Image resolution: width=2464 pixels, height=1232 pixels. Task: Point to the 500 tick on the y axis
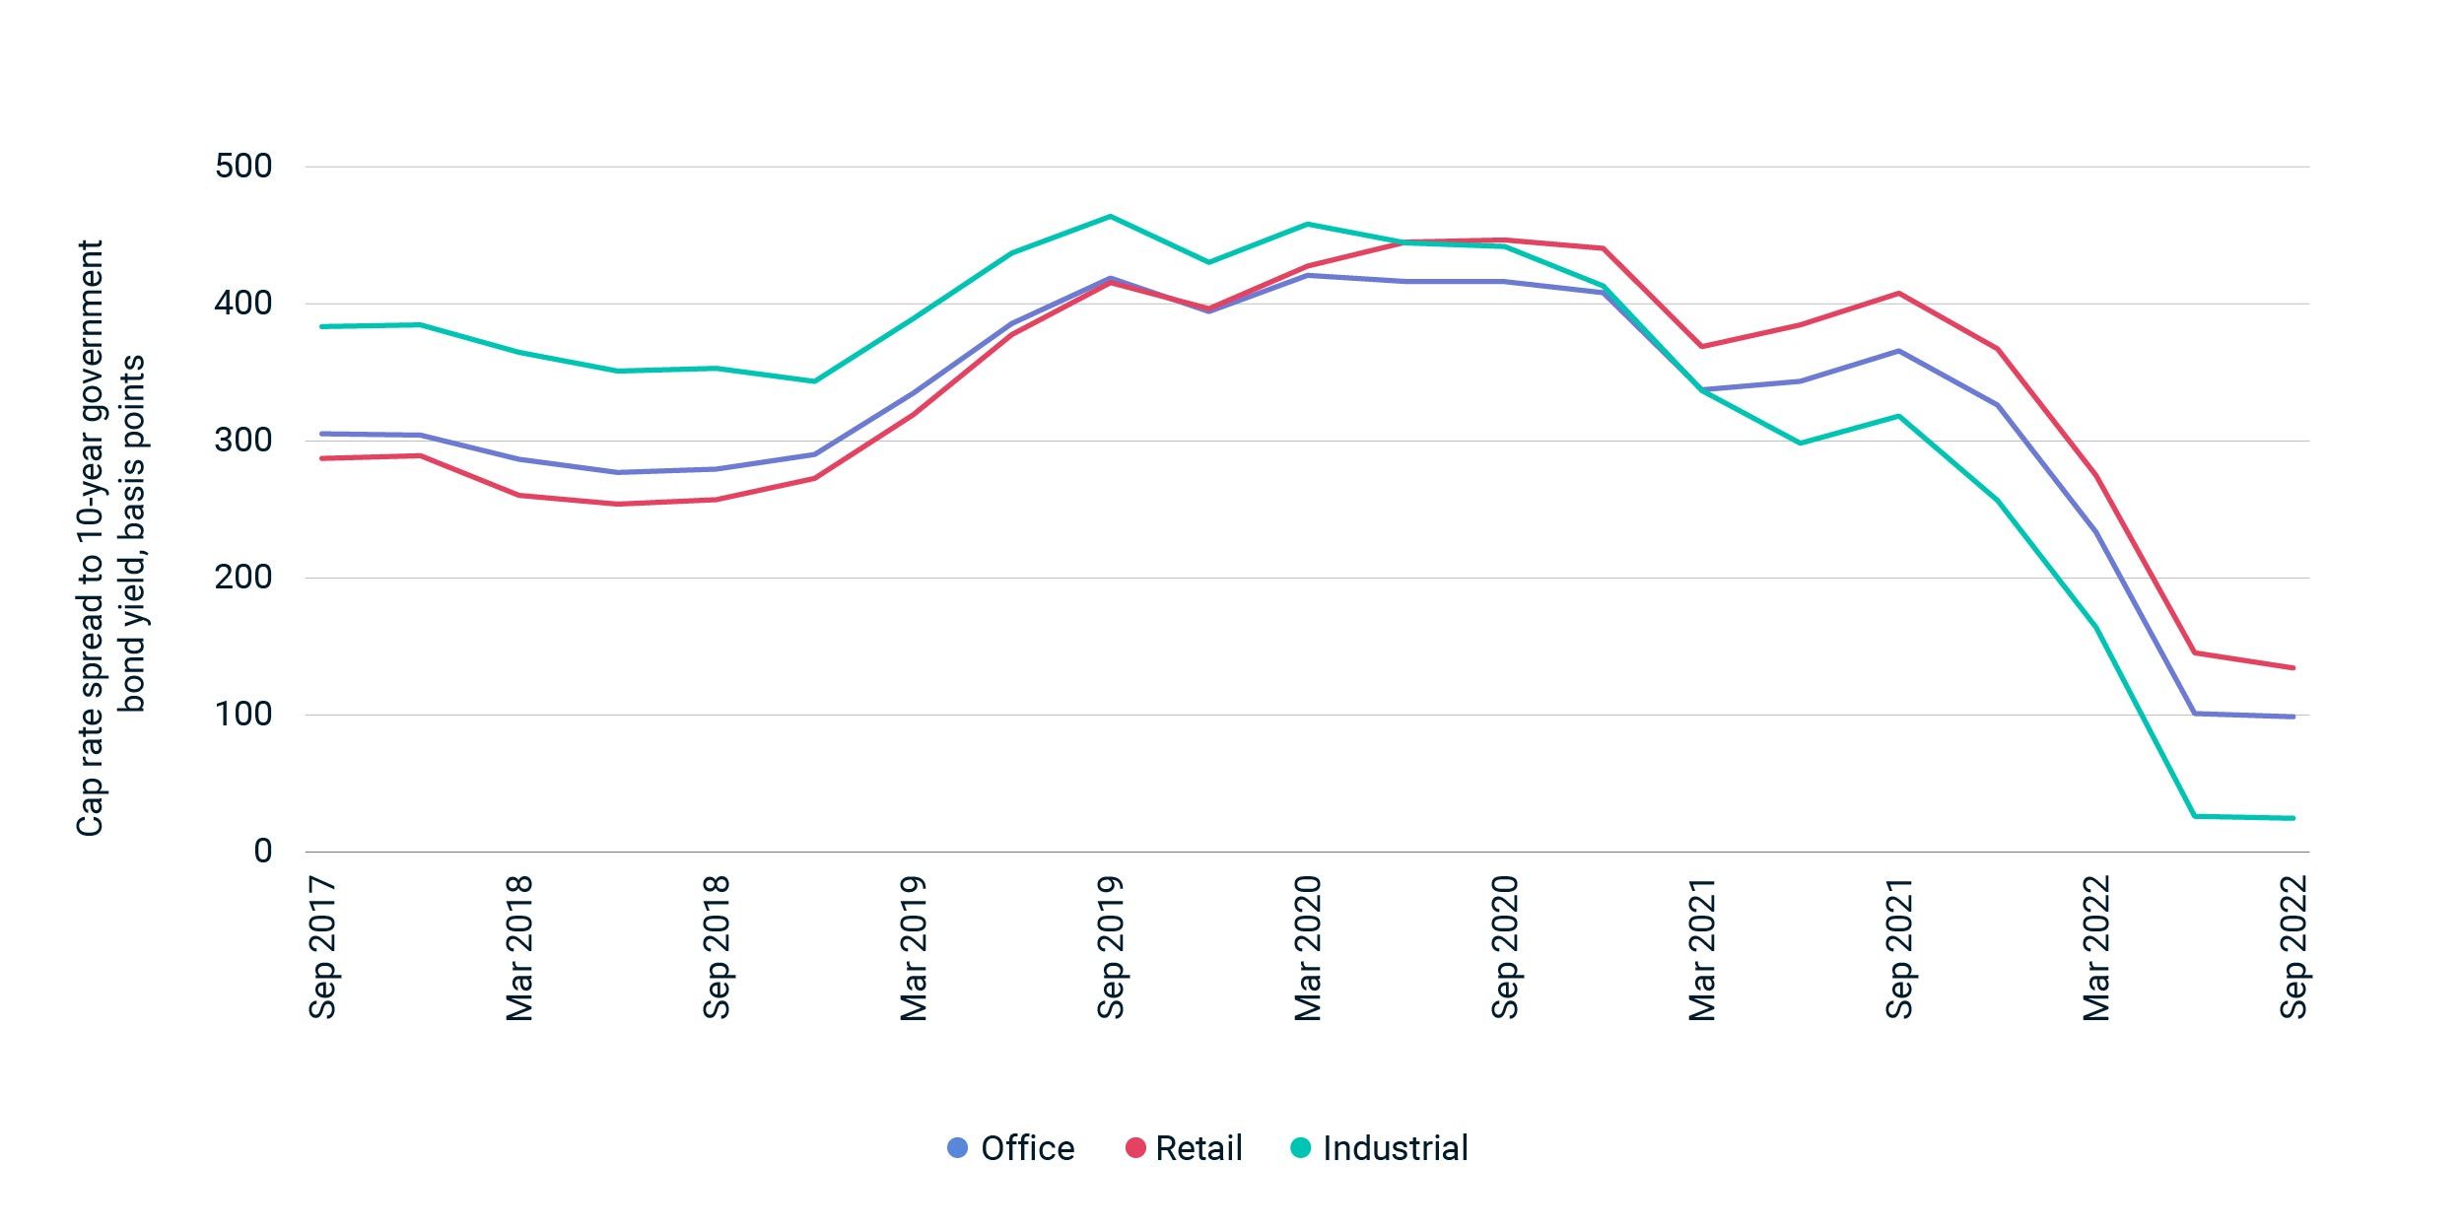243,166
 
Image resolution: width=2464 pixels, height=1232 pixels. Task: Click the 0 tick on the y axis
262,851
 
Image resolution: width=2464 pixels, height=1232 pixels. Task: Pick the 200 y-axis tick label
243,577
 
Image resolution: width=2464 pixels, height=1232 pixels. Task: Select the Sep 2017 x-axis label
323,946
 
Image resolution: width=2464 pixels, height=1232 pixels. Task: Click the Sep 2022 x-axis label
2293,946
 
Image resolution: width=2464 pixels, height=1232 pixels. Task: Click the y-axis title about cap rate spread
110,537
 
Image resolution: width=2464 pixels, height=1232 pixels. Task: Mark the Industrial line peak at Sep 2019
1111,216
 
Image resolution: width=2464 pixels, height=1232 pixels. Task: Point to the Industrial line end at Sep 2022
2293,818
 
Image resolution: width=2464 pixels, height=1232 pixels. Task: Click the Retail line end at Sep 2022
2293,668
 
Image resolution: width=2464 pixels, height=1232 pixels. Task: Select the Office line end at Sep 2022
2293,717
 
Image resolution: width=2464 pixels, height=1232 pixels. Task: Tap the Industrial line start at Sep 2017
323,326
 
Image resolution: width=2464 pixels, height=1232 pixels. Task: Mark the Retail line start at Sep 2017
323,458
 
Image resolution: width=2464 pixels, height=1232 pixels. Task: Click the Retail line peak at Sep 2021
1898,293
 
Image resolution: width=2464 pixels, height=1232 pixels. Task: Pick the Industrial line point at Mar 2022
2095,627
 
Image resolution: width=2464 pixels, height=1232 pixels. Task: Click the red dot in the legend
1135,1148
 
